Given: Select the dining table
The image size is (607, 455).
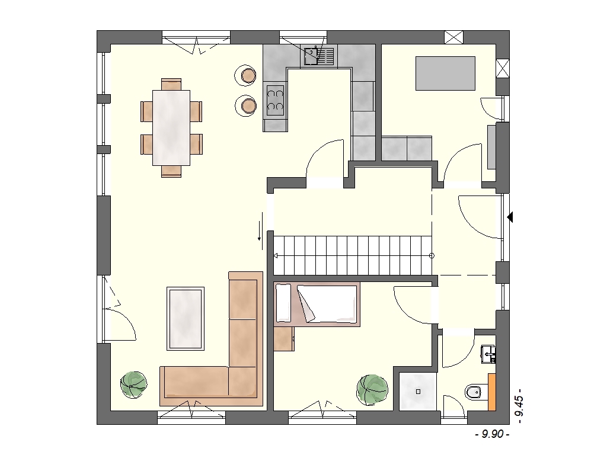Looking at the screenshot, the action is tap(171, 128).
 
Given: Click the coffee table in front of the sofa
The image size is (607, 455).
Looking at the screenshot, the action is tap(186, 318).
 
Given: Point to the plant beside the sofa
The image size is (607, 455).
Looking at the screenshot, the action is tap(133, 384).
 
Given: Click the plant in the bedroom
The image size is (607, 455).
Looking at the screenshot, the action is tap(372, 390).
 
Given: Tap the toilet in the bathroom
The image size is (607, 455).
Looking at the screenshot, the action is tap(474, 392).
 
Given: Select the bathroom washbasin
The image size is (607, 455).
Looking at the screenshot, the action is tap(488, 354).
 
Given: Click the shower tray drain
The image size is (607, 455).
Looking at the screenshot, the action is tap(418, 392).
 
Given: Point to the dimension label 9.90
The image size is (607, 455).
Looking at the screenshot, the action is tap(492, 434).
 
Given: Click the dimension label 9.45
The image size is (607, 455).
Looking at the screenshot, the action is tap(519, 403).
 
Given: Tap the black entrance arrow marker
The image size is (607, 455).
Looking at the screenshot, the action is tap(510, 217).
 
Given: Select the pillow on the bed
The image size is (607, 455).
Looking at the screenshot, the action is tap(283, 303).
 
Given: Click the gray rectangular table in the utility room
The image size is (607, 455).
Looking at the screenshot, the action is tap(445, 73).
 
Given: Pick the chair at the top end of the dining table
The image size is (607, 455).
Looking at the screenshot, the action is tap(171, 84).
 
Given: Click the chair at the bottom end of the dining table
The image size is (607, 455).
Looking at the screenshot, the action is tap(171, 171).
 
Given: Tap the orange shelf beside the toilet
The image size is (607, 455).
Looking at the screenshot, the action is tap(492, 392).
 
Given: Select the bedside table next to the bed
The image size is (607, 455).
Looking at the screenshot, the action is tap(284, 338).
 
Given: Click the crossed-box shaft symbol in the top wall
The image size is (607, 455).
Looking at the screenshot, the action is tap(453, 37).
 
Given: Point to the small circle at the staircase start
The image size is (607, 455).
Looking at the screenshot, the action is tap(432, 256).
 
